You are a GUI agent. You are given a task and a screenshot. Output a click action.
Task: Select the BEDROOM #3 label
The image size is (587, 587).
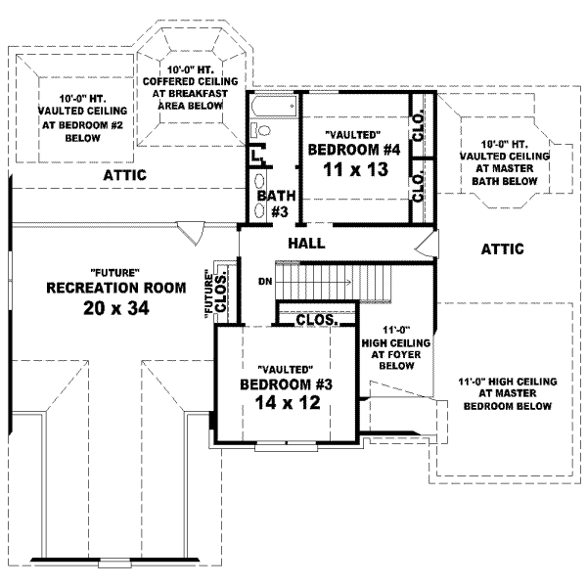click(287, 384)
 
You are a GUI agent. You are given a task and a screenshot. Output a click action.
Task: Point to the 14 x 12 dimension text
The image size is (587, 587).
click(287, 403)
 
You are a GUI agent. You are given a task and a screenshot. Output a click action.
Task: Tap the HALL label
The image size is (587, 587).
click(306, 243)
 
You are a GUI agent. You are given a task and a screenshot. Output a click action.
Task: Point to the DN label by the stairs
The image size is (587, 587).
click(263, 282)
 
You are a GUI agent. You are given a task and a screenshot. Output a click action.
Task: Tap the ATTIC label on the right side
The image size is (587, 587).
click(502, 248)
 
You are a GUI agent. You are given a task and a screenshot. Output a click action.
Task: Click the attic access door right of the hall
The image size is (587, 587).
click(424, 245)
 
